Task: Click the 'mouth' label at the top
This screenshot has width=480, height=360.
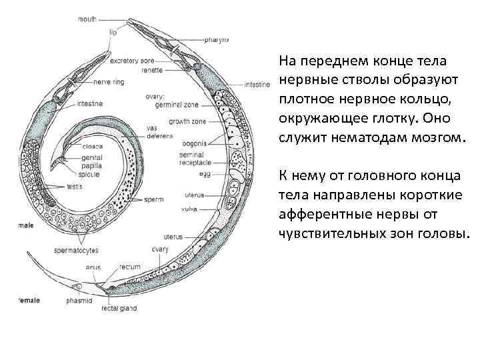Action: pyautogui.click(x=87, y=19)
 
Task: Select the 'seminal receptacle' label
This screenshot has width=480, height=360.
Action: pyautogui.click(x=195, y=159)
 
